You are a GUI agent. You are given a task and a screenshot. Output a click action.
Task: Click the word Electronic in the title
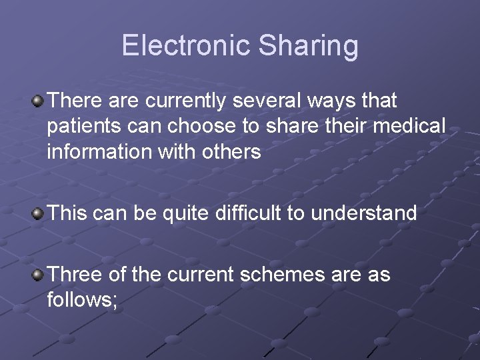(185, 45)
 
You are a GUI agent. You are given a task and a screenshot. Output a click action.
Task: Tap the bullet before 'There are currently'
(39, 101)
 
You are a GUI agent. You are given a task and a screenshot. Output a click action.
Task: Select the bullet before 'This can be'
(39, 214)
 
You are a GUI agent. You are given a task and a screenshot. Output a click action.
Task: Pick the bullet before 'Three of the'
(39, 275)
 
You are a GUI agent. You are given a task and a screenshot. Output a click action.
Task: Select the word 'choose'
(202, 127)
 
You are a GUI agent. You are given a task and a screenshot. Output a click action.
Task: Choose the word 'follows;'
(83, 300)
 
